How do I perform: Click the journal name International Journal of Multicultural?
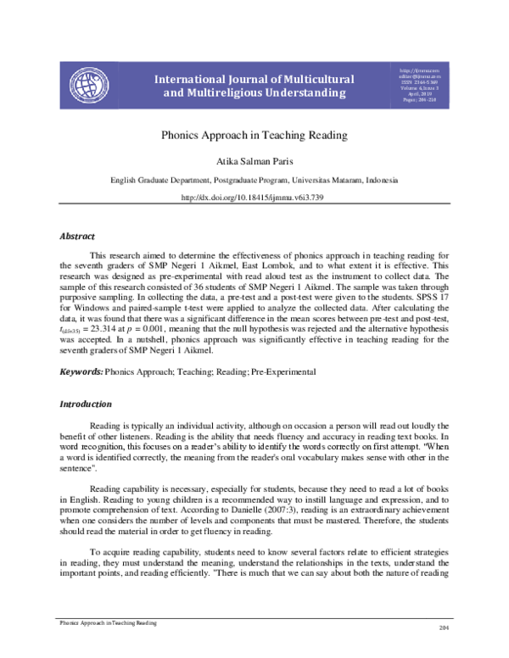[255, 79]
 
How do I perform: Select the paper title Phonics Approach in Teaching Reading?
[255, 134]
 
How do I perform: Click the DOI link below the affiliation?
[255, 198]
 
